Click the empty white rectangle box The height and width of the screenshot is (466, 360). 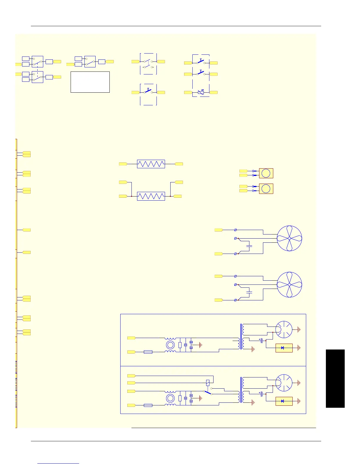click(x=90, y=82)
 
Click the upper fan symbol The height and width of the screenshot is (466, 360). click(x=289, y=238)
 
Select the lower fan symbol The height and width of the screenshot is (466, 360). click(x=289, y=284)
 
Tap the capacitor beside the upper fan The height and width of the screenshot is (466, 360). click(x=249, y=245)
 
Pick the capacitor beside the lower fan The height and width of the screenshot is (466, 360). click(x=249, y=292)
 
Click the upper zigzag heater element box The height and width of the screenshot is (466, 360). click(x=151, y=164)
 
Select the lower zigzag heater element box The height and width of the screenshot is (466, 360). click(x=151, y=196)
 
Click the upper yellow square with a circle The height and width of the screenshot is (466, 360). click(x=266, y=173)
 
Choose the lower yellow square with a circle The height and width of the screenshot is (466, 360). click(x=266, y=189)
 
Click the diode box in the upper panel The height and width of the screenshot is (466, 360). click(x=284, y=348)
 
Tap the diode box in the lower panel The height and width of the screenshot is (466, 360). click(x=284, y=401)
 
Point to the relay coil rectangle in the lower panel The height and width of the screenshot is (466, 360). click(x=208, y=383)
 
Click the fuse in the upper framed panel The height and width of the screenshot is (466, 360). click(x=148, y=352)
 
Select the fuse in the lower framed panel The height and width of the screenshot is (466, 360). click(x=148, y=405)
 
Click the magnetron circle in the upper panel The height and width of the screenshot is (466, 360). click(x=284, y=329)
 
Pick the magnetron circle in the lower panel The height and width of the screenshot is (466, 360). click(x=284, y=383)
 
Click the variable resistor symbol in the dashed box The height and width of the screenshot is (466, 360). click(x=201, y=92)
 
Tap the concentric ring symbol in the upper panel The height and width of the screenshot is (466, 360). click(x=170, y=345)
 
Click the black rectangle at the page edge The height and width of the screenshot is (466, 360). click(x=335, y=378)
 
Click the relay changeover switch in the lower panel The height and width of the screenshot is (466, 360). click(x=208, y=392)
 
